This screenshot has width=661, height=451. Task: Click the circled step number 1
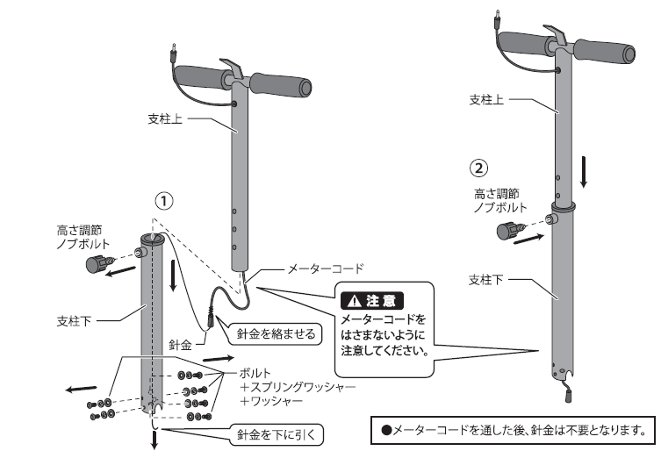click(164, 201)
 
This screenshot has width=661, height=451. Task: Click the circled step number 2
click(478, 168)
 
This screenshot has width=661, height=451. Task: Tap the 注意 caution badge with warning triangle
click(372, 301)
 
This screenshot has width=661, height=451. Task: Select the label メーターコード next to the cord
click(325, 268)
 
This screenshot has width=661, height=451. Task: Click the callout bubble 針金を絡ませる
click(276, 333)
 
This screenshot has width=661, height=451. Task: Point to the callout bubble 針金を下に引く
click(277, 434)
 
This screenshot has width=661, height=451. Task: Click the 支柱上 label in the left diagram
click(165, 118)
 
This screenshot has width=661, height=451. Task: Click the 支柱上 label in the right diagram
click(486, 100)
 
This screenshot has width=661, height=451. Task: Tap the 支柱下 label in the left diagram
click(74, 321)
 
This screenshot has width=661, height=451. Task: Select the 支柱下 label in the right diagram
click(485, 280)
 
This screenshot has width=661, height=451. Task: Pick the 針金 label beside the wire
click(181, 345)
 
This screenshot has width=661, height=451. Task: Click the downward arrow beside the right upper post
click(584, 172)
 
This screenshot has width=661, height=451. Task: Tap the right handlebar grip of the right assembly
click(604, 50)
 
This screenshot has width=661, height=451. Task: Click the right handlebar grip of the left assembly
click(281, 84)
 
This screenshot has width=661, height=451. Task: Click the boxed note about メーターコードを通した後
click(514, 430)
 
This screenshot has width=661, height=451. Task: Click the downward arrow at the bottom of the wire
click(154, 440)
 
